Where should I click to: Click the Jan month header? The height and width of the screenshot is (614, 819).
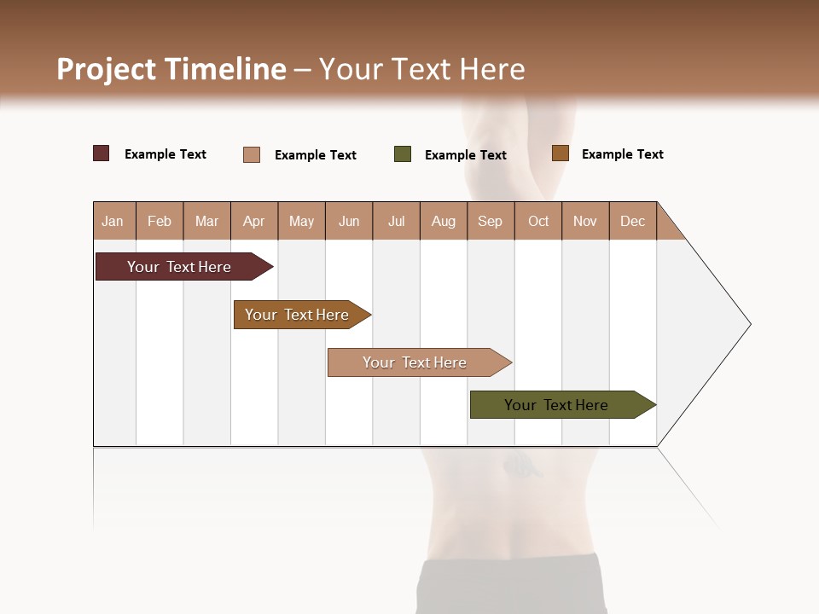pos(113,221)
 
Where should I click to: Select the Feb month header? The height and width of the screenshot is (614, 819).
pos(160,221)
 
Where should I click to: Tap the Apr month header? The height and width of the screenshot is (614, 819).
pos(253,221)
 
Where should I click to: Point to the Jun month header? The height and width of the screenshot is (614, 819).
pos(349,221)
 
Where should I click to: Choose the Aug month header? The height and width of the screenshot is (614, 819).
pos(443,221)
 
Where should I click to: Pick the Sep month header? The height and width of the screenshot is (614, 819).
pos(490,221)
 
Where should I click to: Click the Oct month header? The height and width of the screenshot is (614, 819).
pos(538,221)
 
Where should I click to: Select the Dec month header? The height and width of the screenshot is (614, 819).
pos(632,221)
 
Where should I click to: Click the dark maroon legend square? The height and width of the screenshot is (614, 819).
pos(102,153)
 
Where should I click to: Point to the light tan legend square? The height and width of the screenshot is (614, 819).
pos(252,154)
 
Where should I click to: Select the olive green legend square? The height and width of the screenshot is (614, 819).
pos(403,154)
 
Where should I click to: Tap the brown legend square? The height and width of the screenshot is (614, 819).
pos(560,153)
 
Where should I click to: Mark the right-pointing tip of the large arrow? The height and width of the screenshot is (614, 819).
pos(748,324)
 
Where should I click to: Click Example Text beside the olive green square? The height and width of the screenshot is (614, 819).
pos(465,155)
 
